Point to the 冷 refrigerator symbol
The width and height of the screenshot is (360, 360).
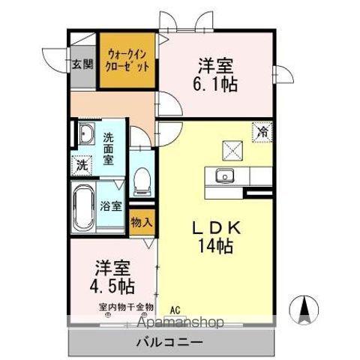tap(262, 132)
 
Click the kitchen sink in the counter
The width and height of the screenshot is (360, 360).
tap(223, 177)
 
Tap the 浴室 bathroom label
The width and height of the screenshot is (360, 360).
tap(112, 206)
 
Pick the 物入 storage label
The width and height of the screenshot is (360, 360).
tap(140, 223)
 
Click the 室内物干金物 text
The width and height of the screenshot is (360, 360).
tap(125, 307)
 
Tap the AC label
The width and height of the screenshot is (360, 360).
tap(175, 309)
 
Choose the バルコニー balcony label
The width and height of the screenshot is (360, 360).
tap(169, 342)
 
